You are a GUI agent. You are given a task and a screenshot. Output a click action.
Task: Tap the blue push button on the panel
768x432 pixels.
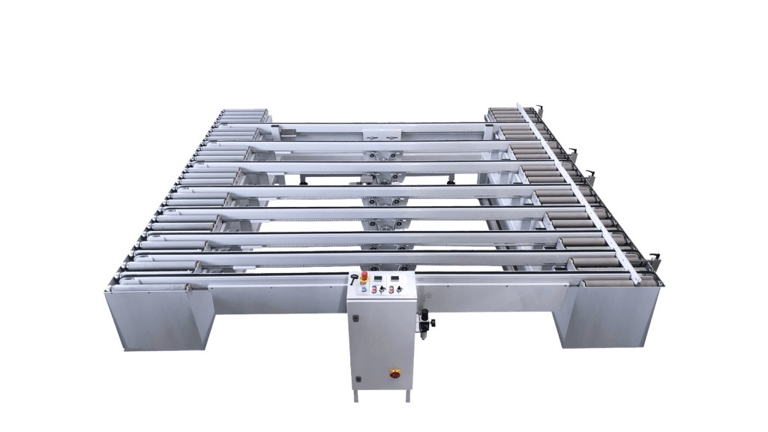click(x=364, y=290)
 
